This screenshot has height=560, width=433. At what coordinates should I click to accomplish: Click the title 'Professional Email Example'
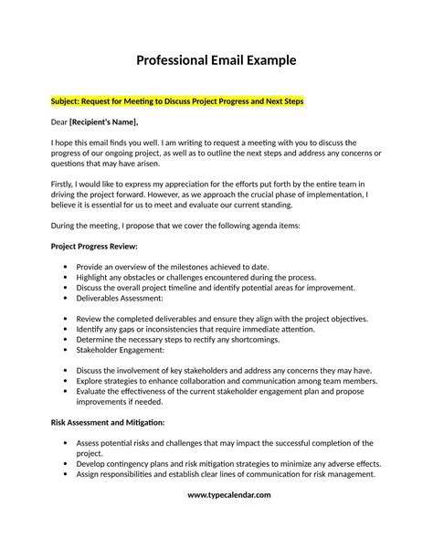pos(216,61)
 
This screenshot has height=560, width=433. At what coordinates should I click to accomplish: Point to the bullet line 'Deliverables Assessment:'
pos(120,298)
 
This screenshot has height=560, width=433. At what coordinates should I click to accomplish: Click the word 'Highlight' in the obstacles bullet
pos(97,277)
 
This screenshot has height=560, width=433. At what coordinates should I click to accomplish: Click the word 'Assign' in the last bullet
pos(91,475)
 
